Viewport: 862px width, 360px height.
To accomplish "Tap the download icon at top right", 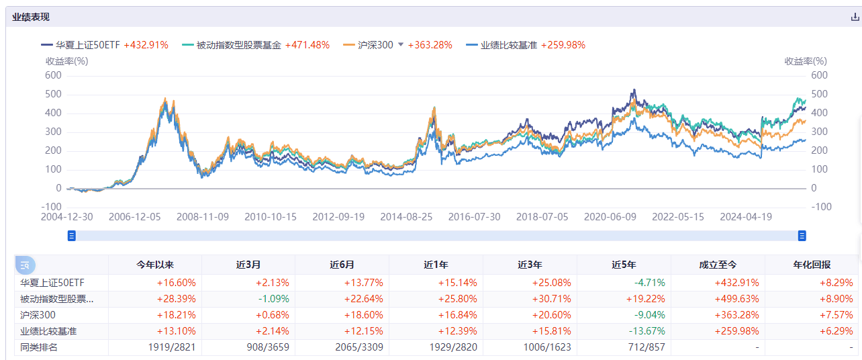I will click(855, 17).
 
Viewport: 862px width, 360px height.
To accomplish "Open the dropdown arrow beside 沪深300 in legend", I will click(401, 44).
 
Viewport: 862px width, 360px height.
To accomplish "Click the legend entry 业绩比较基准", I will click(510, 45).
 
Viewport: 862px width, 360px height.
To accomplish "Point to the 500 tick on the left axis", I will click(54, 94).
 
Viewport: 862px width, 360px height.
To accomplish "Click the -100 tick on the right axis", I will click(820, 207).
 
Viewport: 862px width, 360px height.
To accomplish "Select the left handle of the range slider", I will click(72, 236).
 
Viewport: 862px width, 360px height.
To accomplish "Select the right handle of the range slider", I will click(802, 236).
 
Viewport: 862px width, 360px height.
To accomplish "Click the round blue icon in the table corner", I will click(25, 265).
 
